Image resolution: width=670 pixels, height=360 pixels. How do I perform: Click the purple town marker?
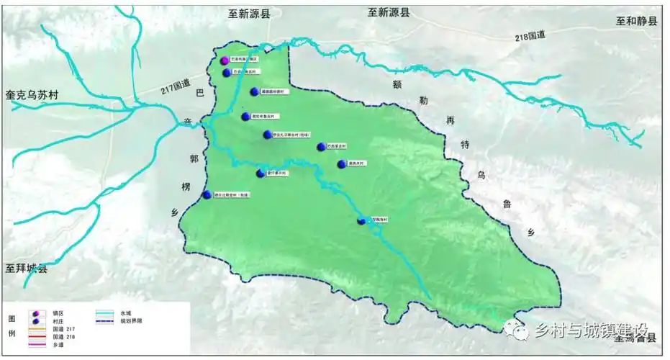(x=225, y=60)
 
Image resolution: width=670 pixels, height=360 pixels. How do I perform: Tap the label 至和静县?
(x=636, y=22)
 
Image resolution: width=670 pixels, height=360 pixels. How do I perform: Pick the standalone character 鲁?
(x=507, y=204)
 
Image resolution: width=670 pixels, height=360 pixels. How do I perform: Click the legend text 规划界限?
(x=131, y=320)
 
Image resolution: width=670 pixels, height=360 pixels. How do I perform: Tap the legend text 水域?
(x=126, y=312)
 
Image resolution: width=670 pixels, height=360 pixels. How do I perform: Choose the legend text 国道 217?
(x=63, y=328)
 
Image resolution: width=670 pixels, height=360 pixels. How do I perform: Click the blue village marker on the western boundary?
(x=207, y=194)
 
